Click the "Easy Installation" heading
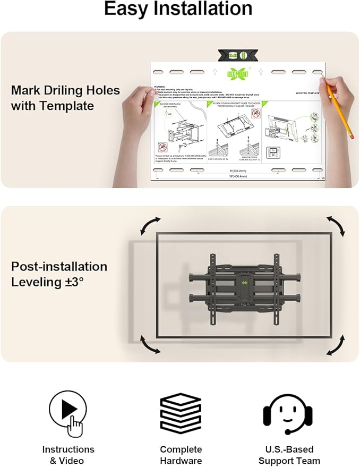pos(178,9)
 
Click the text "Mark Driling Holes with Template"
pos(65,98)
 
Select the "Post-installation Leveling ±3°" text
pos(59,274)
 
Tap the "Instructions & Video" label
pos(68,455)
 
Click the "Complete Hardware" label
pos(181,455)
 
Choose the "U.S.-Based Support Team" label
pos(290,455)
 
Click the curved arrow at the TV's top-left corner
pos(149,226)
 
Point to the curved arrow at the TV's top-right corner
pos(336,226)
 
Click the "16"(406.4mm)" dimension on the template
pos(237,175)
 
